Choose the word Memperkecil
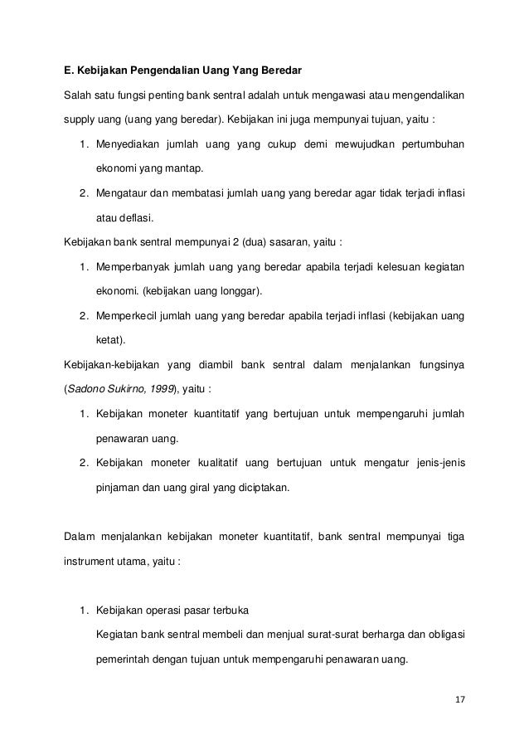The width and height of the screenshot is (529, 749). point(128,316)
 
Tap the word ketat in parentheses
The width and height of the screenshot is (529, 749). point(111,340)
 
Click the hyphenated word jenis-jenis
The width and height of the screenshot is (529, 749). point(436,462)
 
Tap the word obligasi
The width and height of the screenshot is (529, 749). point(444,636)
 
